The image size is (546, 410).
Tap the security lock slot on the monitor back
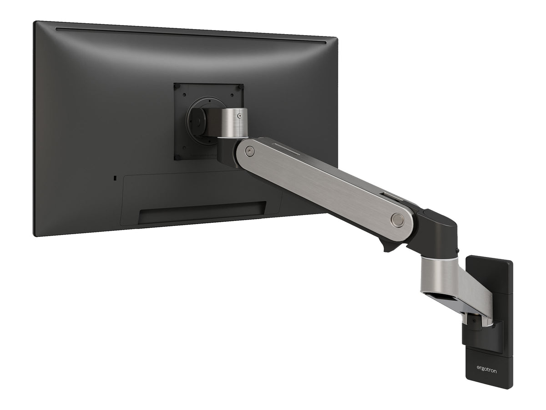[115, 178]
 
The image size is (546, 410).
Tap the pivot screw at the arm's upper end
[250, 150]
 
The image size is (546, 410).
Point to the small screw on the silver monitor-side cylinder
[239, 116]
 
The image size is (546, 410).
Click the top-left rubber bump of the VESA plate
[177, 87]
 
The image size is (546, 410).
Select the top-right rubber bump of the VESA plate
[240, 87]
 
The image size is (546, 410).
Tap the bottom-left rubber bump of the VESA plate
[177, 157]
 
